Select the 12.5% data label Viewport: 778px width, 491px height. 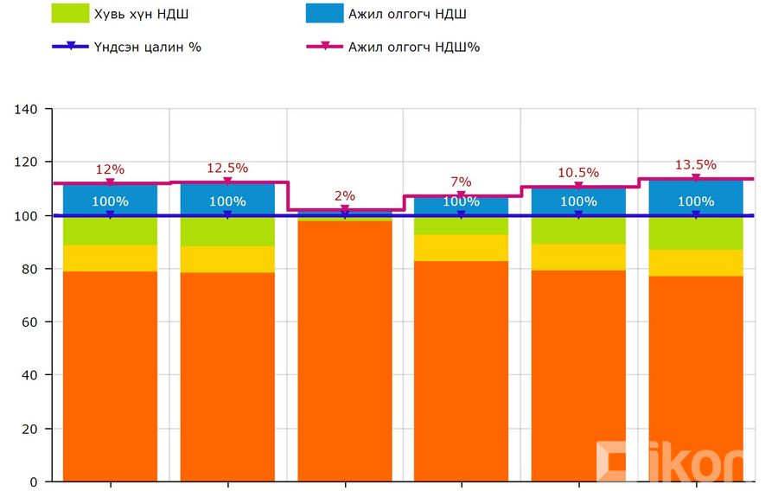pos(227,168)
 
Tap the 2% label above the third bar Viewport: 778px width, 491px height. pos(345,195)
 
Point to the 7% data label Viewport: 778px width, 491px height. pos(462,182)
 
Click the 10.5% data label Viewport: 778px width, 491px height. pos(578,173)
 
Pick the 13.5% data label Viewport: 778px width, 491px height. pos(696,164)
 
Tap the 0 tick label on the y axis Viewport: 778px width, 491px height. pos(35,481)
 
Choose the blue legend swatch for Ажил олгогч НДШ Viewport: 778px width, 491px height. pos(325,14)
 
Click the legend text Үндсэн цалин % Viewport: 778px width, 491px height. pos(149,47)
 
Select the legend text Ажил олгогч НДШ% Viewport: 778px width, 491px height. pos(414,47)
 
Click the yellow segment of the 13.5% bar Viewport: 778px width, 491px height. pos(696,263)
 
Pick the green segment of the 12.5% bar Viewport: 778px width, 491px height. pos(227,232)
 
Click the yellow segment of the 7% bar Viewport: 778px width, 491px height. pos(462,248)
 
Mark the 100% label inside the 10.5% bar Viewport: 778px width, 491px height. pos(578,201)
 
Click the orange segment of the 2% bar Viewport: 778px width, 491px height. pos(345,346)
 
